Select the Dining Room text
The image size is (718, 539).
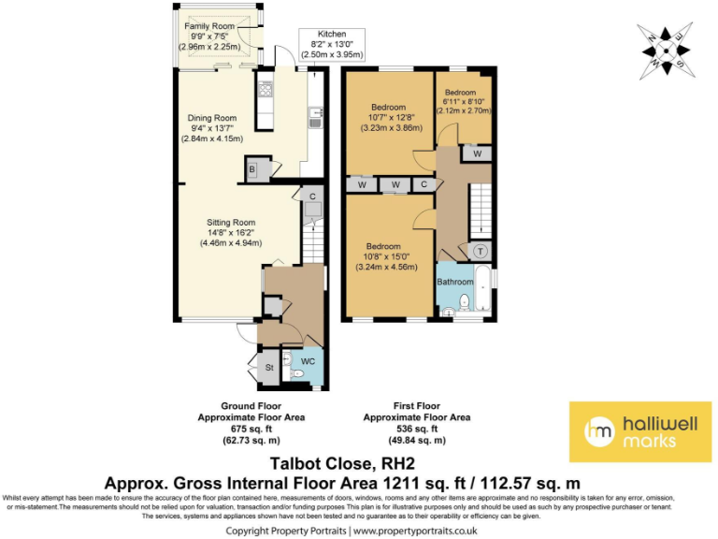212,118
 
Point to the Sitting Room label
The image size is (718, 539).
231,223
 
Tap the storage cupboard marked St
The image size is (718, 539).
267,367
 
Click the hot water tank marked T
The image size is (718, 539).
480,251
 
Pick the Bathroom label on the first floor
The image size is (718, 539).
455,281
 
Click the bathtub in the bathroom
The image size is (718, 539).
483,290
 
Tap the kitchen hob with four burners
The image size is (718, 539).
265,92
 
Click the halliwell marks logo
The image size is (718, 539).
639,431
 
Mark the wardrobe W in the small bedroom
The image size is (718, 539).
476,153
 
